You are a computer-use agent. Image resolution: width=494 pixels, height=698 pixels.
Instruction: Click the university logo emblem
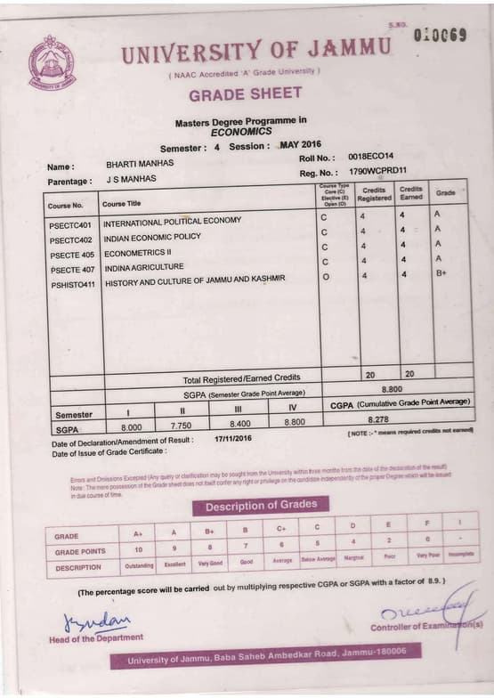[x=52, y=62]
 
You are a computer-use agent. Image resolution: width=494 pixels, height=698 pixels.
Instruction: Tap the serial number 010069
[x=440, y=36]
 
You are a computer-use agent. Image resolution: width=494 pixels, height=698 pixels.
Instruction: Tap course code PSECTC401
[x=71, y=224]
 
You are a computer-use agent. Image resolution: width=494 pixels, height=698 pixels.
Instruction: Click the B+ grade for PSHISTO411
[x=441, y=274]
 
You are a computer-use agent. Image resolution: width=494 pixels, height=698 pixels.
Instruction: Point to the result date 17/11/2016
[x=233, y=439]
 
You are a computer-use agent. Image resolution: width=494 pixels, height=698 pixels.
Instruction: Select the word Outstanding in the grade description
[x=138, y=565]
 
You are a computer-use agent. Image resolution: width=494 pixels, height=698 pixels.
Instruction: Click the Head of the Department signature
[x=96, y=620]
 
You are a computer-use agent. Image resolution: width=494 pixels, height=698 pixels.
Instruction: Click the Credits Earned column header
[x=410, y=194]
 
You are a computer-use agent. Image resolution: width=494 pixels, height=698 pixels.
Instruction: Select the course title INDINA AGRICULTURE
[x=144, y=267]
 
